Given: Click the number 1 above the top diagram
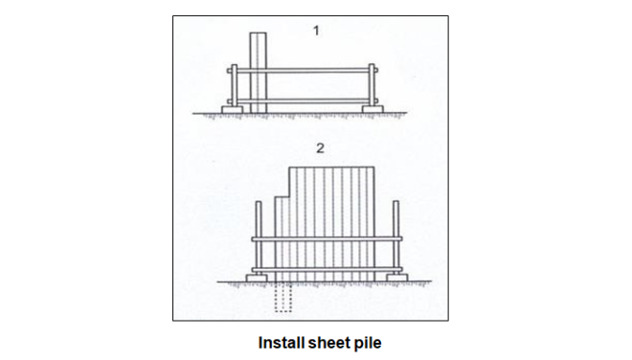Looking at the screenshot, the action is (315, 31).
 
